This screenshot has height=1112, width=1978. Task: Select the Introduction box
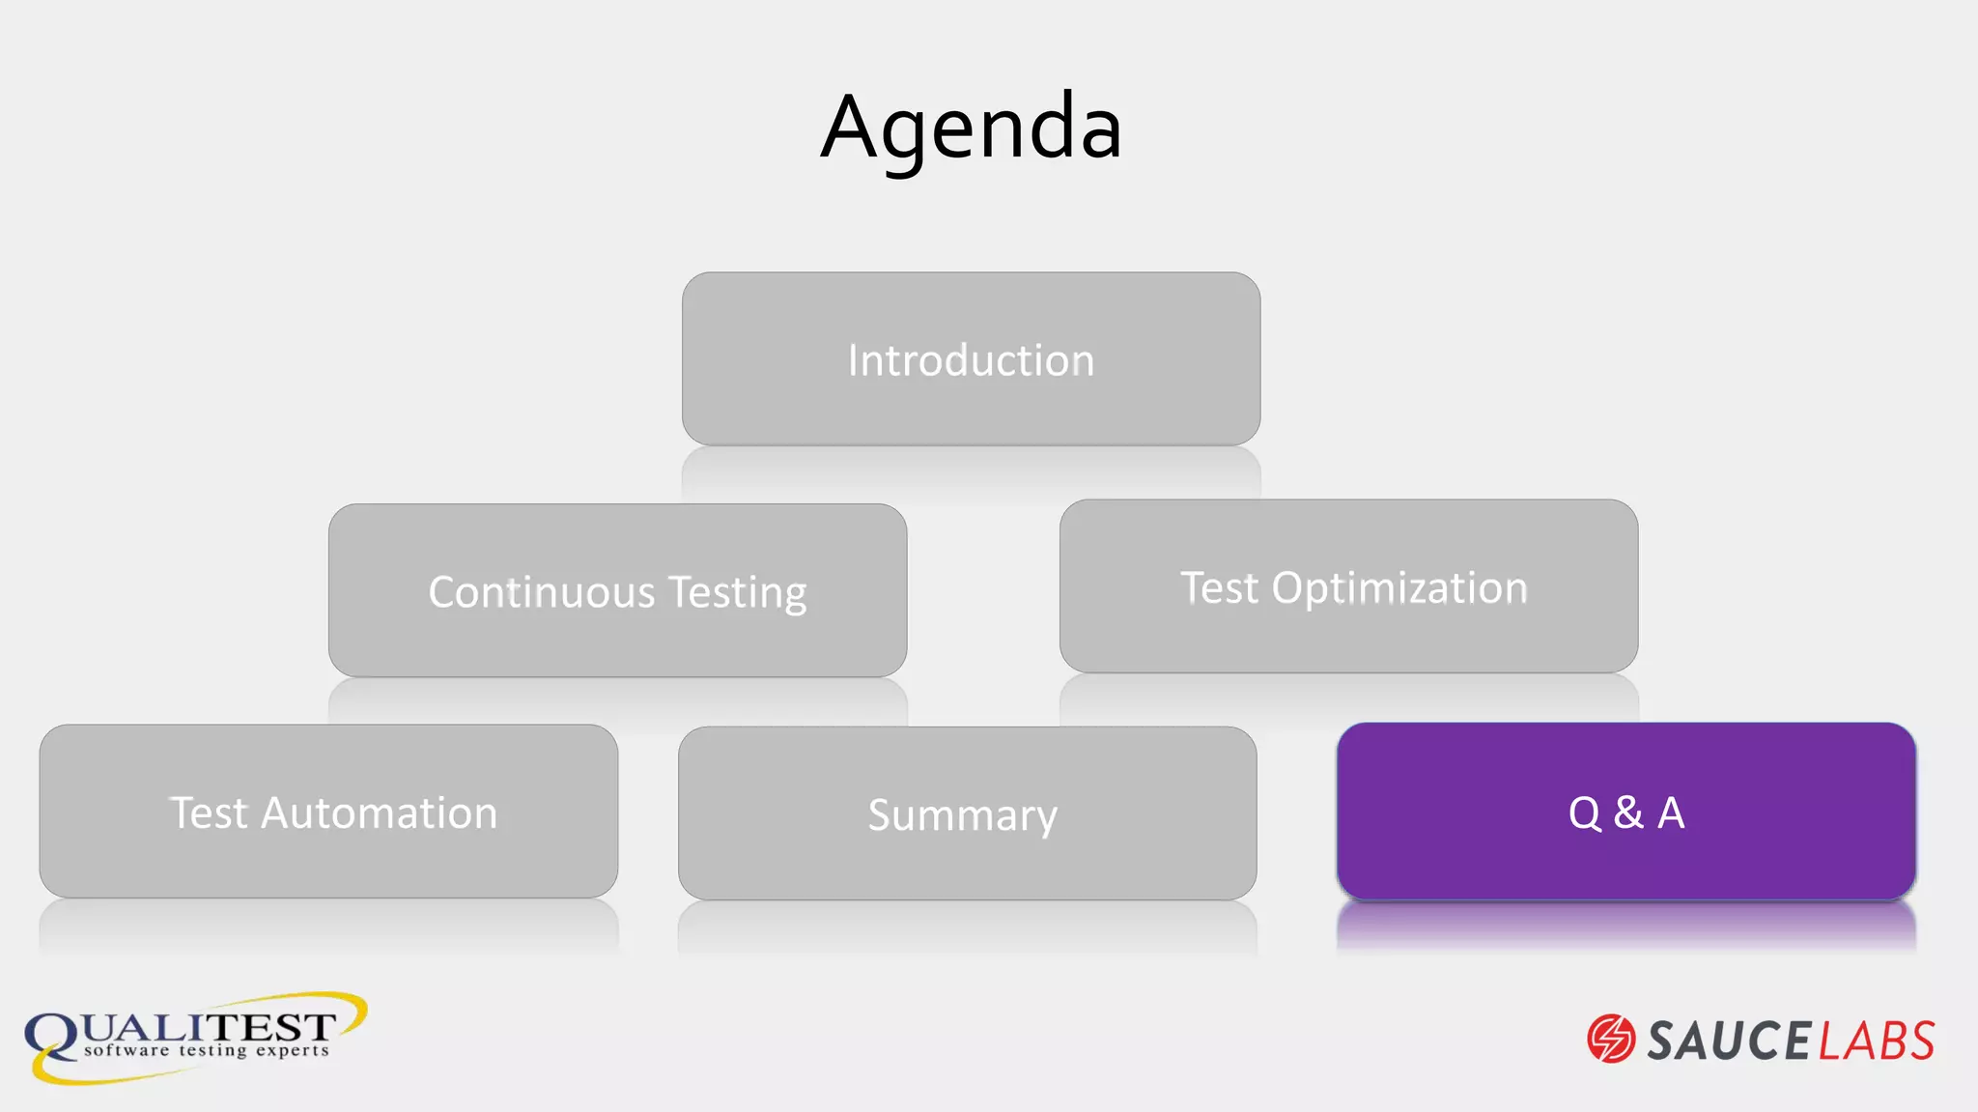pyautogui.click(x=971, y=358)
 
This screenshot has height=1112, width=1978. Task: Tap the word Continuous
pyautogui.click(x=542, y=592)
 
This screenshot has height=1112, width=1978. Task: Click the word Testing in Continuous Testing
pyautogui.click(x=737, y=593)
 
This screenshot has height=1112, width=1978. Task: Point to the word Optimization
pyautogui.click(x=1399, y=587)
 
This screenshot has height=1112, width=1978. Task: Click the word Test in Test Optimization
pyautogui.click(x=1219, y=587)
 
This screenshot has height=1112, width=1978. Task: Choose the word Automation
pyautogui.click(x=379, y=813)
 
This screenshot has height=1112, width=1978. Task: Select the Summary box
pyautogui.click(x=967, y=813)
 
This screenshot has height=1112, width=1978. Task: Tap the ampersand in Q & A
pyautogui.click(x=1628, y=813)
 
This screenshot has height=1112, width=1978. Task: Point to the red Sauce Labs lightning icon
pyautogui.click(x=1610, y=1039)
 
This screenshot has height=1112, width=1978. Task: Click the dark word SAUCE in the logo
pyautogui.click(x=1729, y=1041)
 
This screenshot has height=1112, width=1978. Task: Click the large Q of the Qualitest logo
pyautogui.click(x=52, y=1038)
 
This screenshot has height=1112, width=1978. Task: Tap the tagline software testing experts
pyautogui.click(x=206, y=1050)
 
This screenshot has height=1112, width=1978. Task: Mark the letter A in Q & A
pyautogui.click(x=1671, y=813)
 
